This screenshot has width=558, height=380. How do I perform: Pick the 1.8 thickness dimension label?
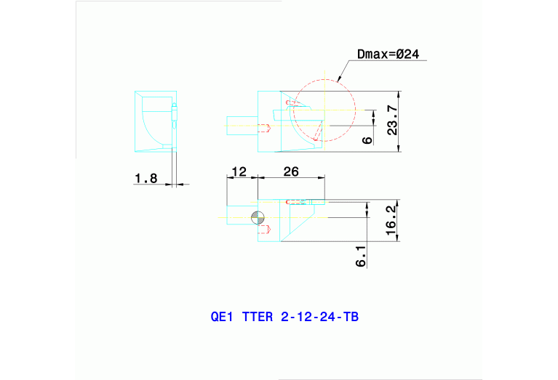(146, 178)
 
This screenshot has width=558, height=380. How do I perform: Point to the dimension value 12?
(239, 172)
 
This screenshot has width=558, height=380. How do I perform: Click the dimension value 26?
(291, 172)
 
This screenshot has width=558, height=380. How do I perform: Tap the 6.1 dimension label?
(362, 256)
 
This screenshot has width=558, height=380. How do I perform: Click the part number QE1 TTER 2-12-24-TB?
(284, 317)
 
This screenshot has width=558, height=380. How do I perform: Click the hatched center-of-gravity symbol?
(255, 217)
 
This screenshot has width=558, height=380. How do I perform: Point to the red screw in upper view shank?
(265, 128)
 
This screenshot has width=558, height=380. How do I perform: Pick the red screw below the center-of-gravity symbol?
(265, 230)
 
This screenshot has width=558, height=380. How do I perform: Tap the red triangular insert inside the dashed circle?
(318, 131)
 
